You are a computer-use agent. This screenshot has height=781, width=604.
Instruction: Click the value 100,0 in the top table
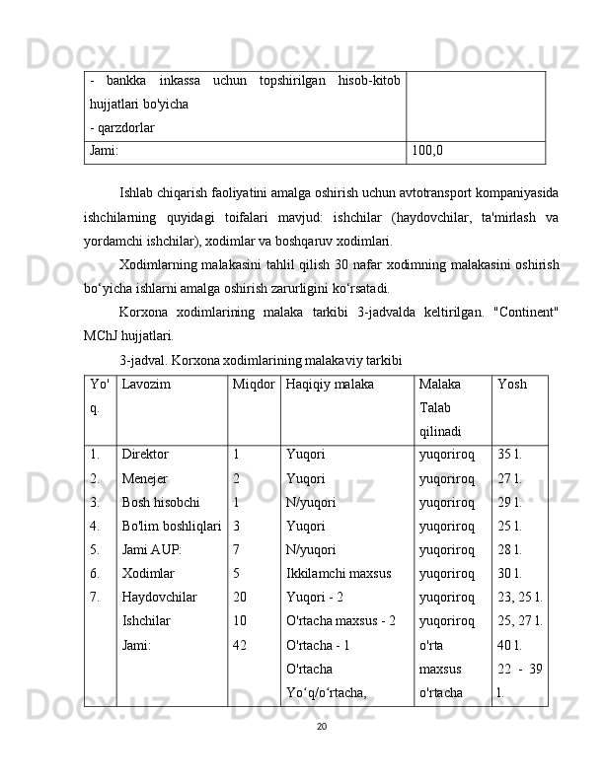[x=427, y=151]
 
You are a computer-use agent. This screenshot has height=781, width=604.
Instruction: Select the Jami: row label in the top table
[x=104, y=151]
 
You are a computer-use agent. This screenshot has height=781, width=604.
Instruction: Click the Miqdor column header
[x=255, y=385]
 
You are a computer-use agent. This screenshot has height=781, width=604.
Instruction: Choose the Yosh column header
[x=512, y=385]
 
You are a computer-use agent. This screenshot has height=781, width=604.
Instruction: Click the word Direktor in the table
[x=145, y=456]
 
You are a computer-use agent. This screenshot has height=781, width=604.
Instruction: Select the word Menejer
[x=144, y=478]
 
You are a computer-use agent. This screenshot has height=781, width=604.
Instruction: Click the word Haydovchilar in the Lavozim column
[x=158, y=597]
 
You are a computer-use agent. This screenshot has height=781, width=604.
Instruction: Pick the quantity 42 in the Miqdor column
[x=241, y=644]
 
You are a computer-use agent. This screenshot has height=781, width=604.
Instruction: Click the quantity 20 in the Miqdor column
[x=241, y=597]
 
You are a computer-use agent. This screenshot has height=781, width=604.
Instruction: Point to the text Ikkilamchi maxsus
[x=338, y=573]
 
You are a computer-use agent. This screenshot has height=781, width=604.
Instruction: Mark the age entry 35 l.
[x=510, y=456]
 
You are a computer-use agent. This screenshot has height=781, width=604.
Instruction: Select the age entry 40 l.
[x=510, y=644]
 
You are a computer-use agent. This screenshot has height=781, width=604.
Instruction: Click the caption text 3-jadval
[x=145, y=361]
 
